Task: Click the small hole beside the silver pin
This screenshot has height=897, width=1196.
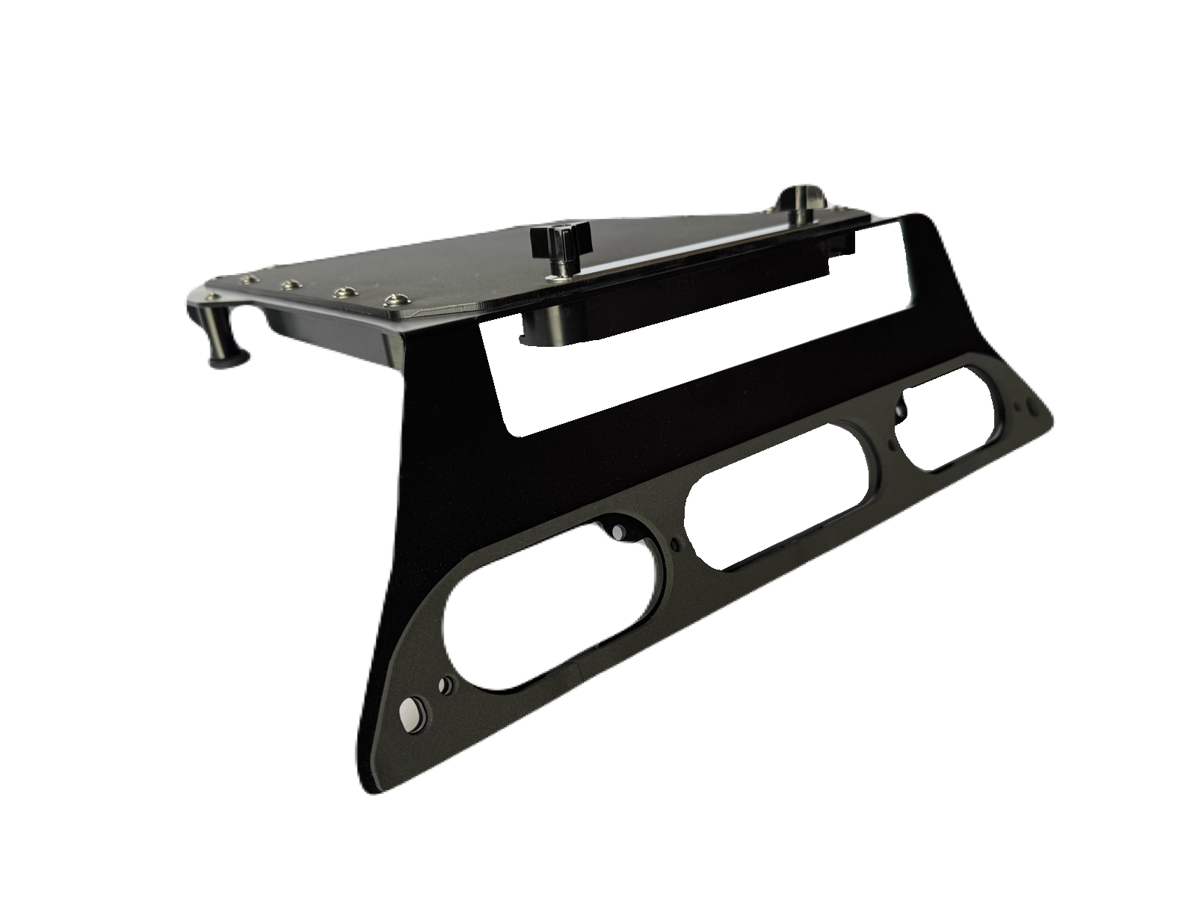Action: click(x=446, y=684)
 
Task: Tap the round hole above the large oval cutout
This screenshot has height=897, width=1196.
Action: click(x=617, y=531)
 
